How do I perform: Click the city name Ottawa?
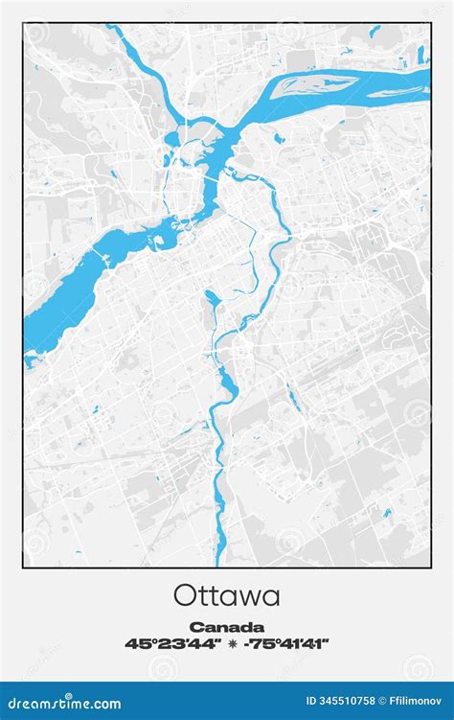coord(227,595)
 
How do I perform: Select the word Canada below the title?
coord(227,627)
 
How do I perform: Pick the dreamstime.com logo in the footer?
coord(63,704)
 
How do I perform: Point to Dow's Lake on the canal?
coord(211,306)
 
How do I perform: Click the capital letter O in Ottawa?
coord(185,595)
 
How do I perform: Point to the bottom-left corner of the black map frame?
coord(24,567)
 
